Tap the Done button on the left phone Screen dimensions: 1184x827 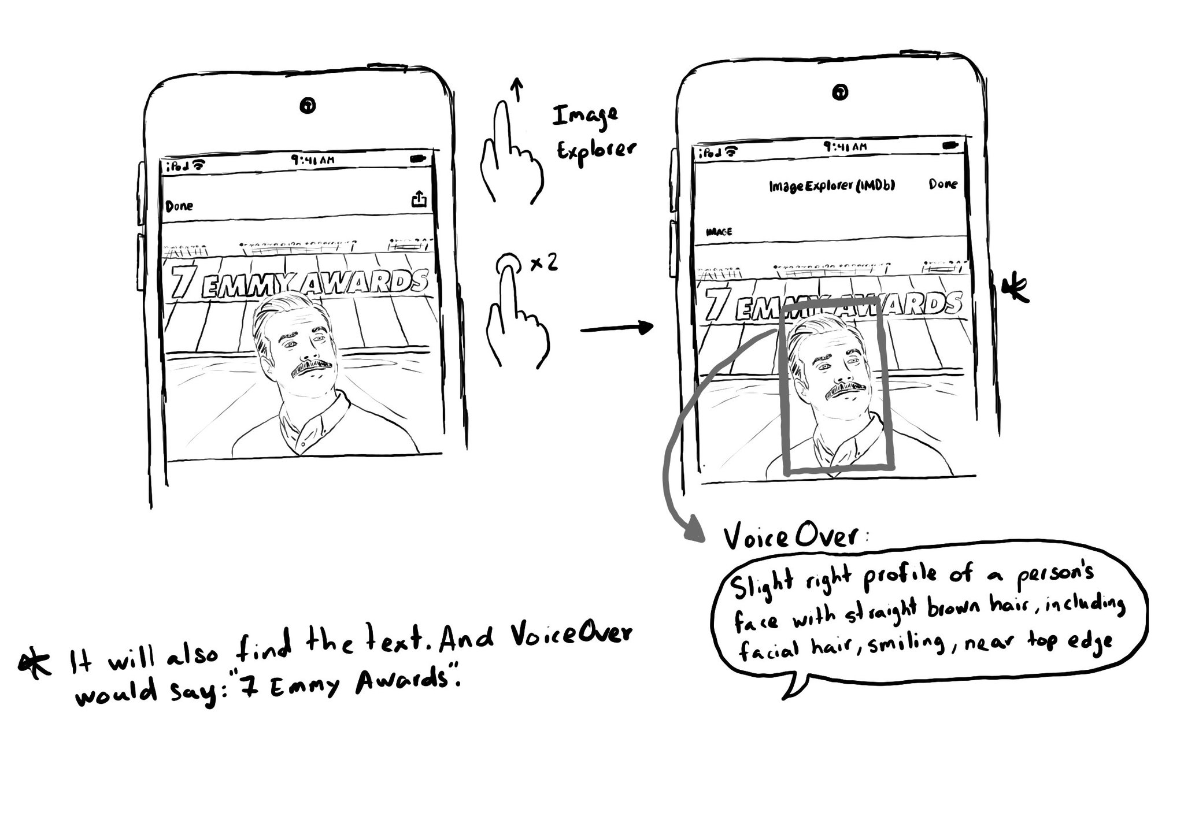tap(179, 206)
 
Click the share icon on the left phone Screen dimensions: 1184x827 tap(419, 199)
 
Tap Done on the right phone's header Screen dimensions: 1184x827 tap(943, 184)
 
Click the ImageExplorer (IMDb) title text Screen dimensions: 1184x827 tap(832, 186)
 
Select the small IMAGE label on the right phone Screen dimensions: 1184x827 tap(719, 232)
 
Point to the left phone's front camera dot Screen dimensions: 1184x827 tap(308, 106)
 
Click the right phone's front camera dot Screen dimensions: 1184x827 tap(842, 91)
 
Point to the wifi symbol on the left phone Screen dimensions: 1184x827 tap(199, 165)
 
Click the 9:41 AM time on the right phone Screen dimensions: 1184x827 tap(845, 147)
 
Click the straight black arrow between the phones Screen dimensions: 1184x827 tap(616, 328)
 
